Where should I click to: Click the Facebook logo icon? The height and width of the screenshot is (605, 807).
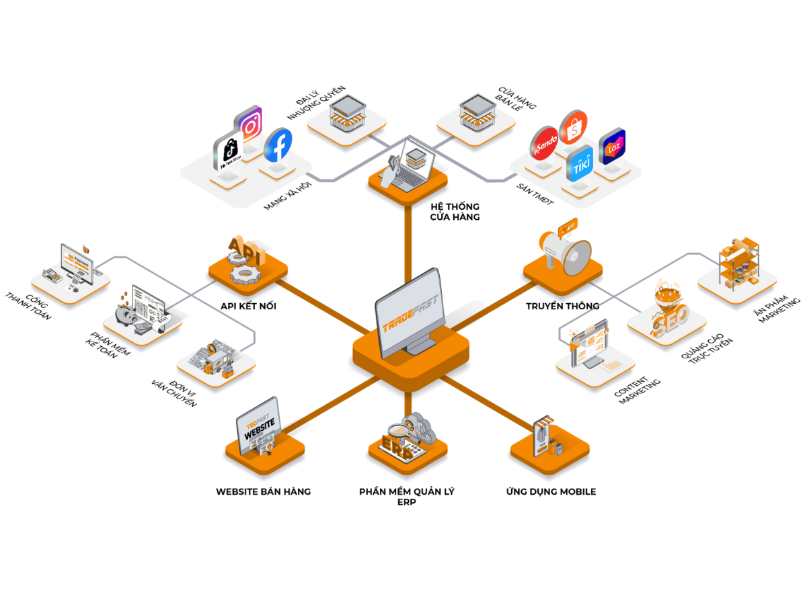278,145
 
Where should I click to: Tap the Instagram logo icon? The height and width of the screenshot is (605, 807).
248,124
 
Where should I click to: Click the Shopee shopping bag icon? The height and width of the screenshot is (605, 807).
574,127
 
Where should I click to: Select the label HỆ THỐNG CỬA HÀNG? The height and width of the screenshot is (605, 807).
455,212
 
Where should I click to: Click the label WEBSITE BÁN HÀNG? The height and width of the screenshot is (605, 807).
264,491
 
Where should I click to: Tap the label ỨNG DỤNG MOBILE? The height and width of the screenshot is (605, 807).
551,491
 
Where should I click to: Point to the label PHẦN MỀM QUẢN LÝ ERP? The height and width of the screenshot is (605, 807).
407,497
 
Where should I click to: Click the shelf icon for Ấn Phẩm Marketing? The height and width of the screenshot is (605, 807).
737,262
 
